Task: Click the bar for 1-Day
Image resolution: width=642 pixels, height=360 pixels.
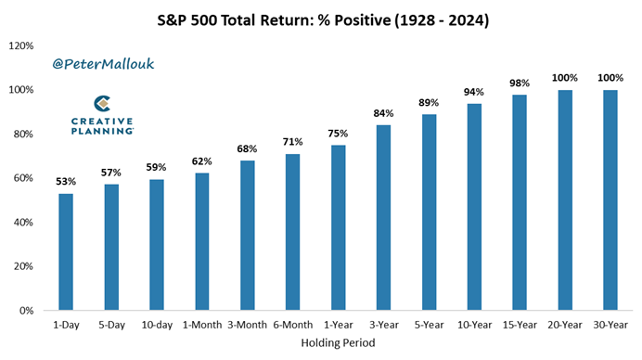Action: point(66,251)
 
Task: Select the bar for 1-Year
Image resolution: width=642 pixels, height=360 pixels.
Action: point(338,227)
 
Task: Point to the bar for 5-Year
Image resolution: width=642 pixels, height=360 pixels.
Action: point(429,212)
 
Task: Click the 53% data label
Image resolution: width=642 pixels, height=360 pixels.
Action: point(66,182)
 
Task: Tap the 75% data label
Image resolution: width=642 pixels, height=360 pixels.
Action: point(338,134)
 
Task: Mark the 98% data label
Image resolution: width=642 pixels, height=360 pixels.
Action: point(520,83)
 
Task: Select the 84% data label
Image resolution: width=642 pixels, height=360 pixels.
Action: point(383,113)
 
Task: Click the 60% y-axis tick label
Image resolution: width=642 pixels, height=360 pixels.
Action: point(22,178)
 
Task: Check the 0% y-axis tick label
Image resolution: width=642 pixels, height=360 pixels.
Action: point(26,311)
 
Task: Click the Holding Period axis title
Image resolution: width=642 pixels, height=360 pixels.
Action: point(338,344)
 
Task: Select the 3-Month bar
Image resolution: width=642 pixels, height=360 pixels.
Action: point(247,236)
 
